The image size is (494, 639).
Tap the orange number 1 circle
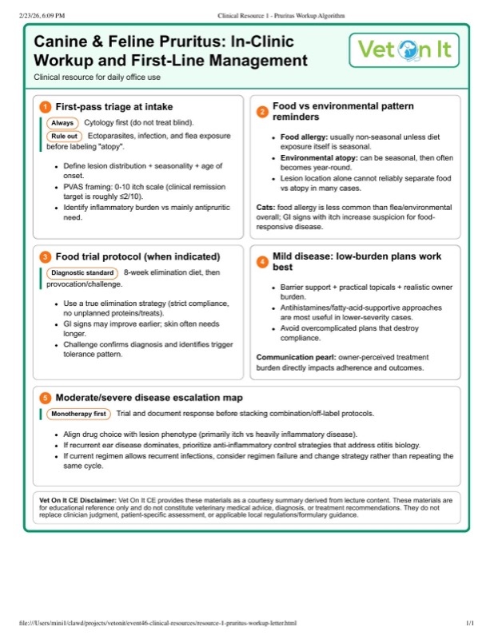point(45,107)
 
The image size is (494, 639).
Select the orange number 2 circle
point(261,112)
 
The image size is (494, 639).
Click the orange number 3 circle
point(45,256)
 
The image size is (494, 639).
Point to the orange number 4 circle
point(261,262)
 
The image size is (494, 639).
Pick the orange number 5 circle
point(45,397)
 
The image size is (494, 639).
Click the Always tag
point(62,123)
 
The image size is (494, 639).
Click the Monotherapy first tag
point(78,414)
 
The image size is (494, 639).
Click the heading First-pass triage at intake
point(114,107)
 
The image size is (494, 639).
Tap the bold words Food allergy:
point(302,137)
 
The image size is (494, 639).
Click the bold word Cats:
point(265,207)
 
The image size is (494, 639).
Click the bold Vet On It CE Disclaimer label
point(78,499)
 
